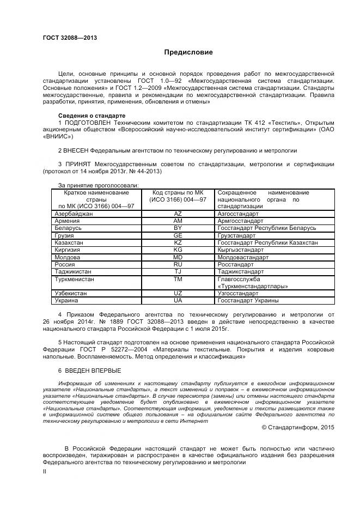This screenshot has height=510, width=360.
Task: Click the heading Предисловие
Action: (188, 53)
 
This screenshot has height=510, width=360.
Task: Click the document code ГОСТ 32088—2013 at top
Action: (70, 38)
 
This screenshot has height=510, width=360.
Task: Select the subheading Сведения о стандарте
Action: (91, 116)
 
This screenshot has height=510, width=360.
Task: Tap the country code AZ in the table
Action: (178, 214)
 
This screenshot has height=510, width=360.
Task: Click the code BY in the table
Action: (178, 228)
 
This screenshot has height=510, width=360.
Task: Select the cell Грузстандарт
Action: (236, 235)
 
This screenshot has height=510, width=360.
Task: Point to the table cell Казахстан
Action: (69, 242)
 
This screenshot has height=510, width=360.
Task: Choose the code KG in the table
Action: (178, 250)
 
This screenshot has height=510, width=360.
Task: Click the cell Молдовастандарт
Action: (243, 257)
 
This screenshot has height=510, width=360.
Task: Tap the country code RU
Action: (178, 264)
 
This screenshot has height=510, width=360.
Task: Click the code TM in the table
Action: (178, 278)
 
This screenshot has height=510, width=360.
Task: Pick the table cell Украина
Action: (66, 300)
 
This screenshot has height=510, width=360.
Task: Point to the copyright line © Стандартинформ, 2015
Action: (298, 427)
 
